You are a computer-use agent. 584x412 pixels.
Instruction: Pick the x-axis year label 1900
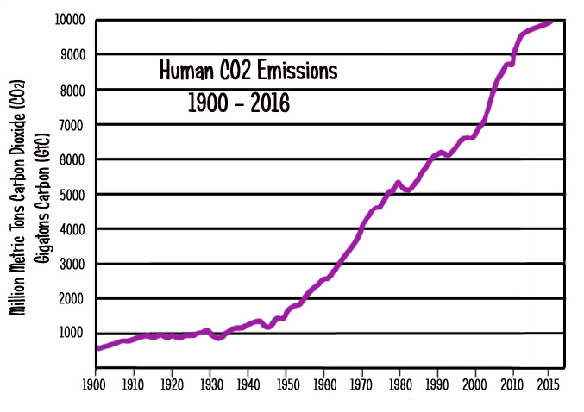click(96, 378)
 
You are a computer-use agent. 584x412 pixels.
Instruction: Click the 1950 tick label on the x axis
click(286, 378)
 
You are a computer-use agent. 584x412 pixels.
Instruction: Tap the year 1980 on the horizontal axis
click(399, 378)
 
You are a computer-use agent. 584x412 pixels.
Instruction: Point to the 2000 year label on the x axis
click(476, 378)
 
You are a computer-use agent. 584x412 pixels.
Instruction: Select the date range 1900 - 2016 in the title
click(239, 103)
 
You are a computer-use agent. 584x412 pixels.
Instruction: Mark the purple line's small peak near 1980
click(398, 182)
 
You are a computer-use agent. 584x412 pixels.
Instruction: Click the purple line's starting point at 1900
click(97, 349)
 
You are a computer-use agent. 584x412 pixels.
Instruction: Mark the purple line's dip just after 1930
click(219, 338)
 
